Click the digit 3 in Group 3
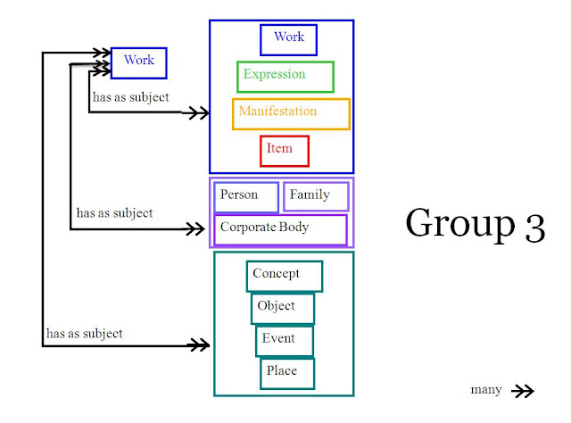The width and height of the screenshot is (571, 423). coord(535,228)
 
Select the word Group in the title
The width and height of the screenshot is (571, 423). coord(460,224)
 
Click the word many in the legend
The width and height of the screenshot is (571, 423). coord(486,389)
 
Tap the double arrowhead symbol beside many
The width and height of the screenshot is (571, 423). coord(523,391)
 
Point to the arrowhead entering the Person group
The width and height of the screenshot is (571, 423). coord(195,229)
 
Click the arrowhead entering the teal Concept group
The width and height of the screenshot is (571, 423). coord(198,344)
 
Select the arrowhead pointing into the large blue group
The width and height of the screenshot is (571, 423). coord(196,113)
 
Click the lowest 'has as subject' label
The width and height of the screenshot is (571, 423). coord(85,334)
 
